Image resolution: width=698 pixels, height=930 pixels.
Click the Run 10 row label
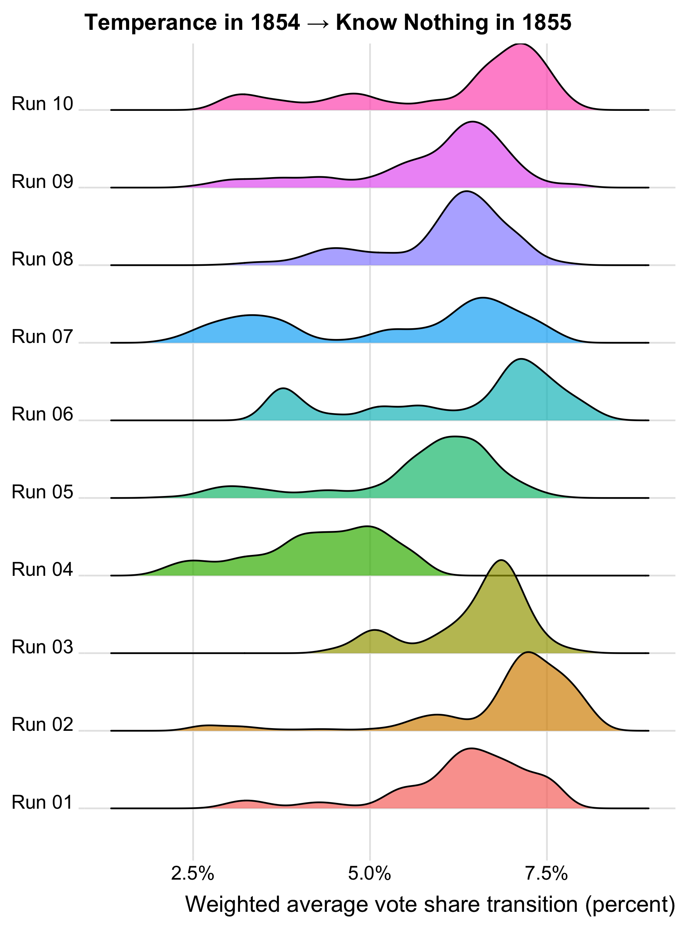[43, 104]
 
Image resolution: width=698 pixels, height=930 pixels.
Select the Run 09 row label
[43, 182]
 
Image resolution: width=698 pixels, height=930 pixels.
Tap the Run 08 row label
[43, 259]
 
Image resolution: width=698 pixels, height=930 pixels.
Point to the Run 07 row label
[43, 337]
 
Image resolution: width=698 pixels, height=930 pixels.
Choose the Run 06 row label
[43, 414]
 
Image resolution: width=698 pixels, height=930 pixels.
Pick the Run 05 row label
[43, 492]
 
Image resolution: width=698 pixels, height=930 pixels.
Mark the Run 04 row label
[43, 569]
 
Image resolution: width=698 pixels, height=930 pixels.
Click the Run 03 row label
[43, 647]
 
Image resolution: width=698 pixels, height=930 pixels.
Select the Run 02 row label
[43, 724]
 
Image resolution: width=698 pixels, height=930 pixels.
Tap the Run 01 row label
[43, 802]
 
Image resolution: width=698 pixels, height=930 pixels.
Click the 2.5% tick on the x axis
[193, 874]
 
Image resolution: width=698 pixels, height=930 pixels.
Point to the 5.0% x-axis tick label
[370, 874]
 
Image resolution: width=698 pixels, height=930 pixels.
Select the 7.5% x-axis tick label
[546, 874]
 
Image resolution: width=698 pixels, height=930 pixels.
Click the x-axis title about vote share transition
[430, 904]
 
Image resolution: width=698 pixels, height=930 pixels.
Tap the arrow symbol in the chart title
[318, 23]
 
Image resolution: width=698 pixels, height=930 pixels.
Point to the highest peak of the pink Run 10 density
[521, 44]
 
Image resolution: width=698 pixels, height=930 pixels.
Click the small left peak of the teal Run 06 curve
[283, 389]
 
